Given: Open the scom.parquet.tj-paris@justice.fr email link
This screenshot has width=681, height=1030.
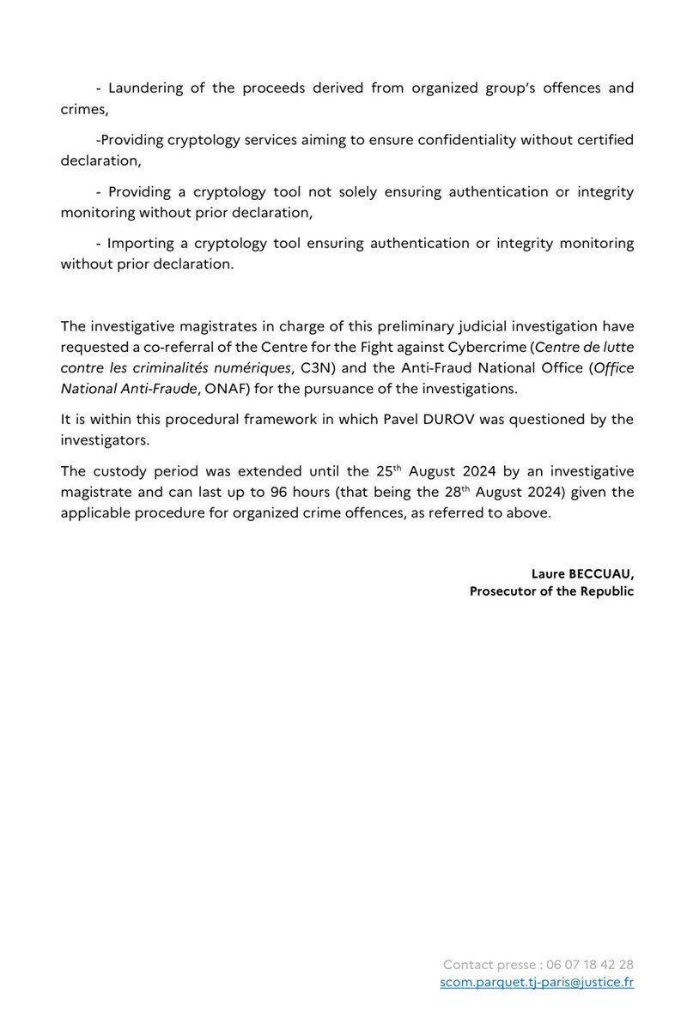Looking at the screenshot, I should (537, 983).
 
